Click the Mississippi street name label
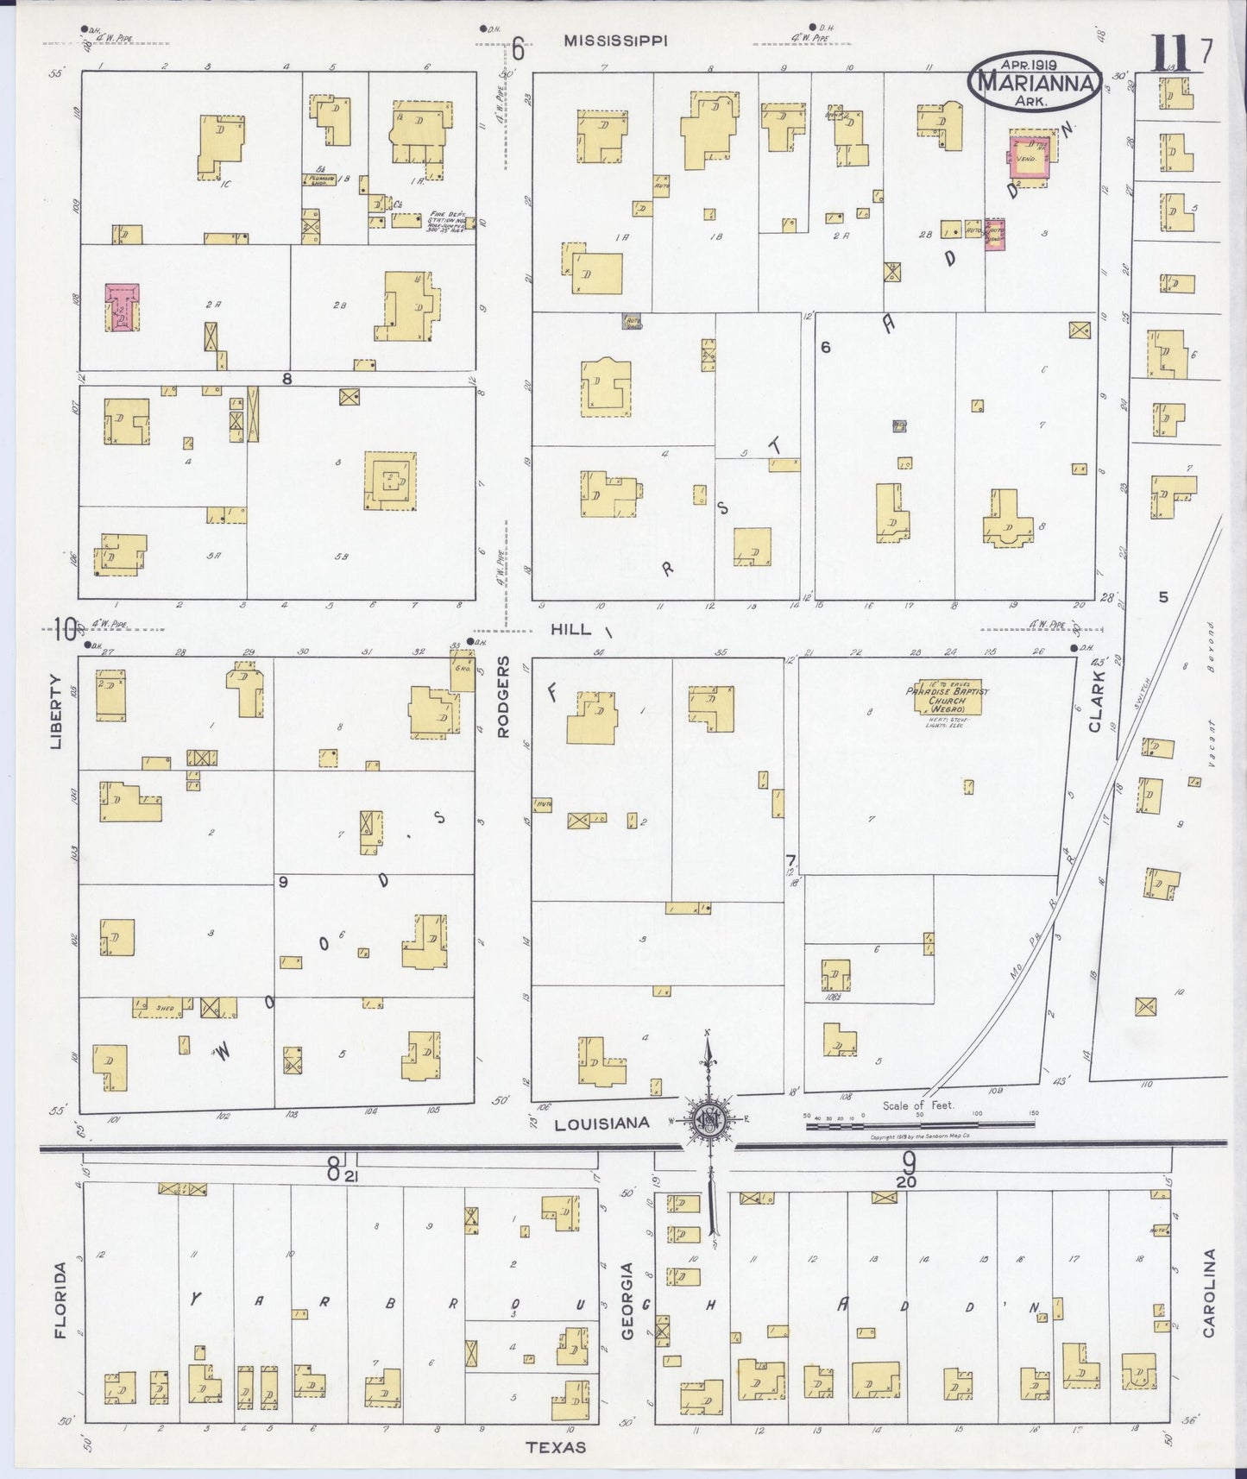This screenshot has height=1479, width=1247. pyautogui.click(x=615, y=40)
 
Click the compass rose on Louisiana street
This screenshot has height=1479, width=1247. pyautogui.click(x=709, y=1120)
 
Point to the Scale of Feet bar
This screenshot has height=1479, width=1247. pyautogui.click(x=920, y=1124)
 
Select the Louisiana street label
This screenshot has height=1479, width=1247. pyautogui.click(x=601, y=1123)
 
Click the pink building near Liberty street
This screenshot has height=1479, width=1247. pyautogui.click(x=123, y=307)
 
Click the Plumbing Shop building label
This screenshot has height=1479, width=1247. pyautogui.click(x=318, y=179)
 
